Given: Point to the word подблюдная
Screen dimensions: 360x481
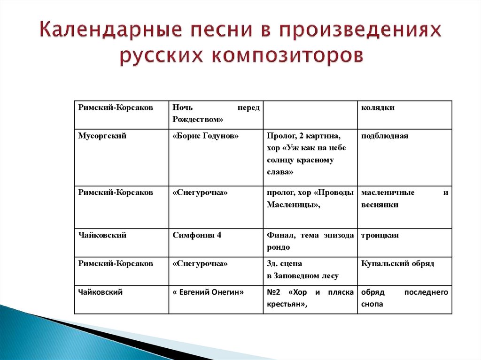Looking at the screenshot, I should pos(385,136).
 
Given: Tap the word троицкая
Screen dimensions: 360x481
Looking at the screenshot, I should pos(380,236).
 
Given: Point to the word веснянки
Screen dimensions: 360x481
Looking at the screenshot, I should pos(380,205).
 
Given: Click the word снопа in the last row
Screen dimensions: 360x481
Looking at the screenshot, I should pos(372,304).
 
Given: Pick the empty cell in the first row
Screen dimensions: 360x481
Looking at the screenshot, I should pos(310,114).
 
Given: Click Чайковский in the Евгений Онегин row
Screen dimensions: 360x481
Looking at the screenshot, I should pos(101,292).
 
